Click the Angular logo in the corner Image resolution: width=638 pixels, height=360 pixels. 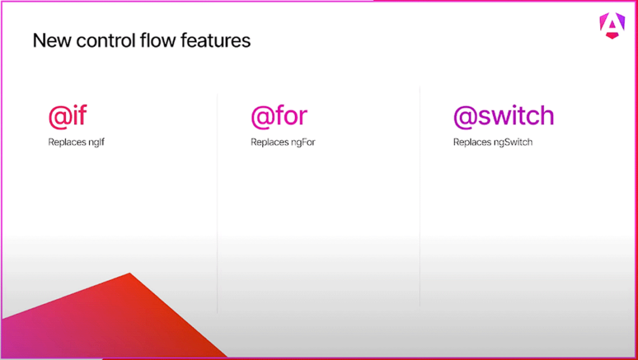pyautogui.click(x=612, y=26)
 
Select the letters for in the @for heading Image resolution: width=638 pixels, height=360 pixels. pyautogui.click(x=291, y=116)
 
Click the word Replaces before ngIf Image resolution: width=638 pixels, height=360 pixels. pyautogui.click(x=66, y=143)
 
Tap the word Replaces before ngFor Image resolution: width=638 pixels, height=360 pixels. pyautogui.click(x=269, y=143)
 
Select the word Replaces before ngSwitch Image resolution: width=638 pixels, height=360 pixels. pyautogui.click(x=471, y=143)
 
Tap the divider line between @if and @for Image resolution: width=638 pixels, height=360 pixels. pyautogui.click(x=217, y=204)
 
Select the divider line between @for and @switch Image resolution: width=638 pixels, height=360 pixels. pyautogui.click(x=420, y=198)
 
